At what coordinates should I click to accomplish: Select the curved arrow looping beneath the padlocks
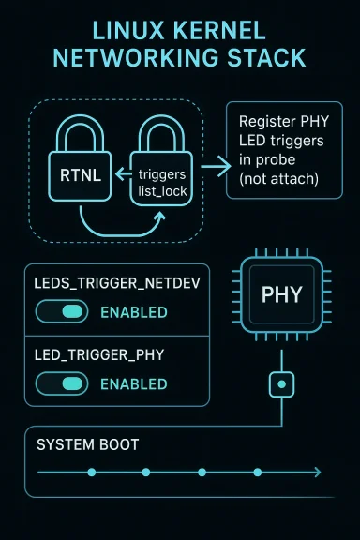click(122, 228)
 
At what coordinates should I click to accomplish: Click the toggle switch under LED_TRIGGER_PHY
click(61, 383)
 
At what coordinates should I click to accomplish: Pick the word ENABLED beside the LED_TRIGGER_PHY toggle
click(133, 383)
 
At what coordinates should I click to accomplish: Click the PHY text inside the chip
click(281, 294)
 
